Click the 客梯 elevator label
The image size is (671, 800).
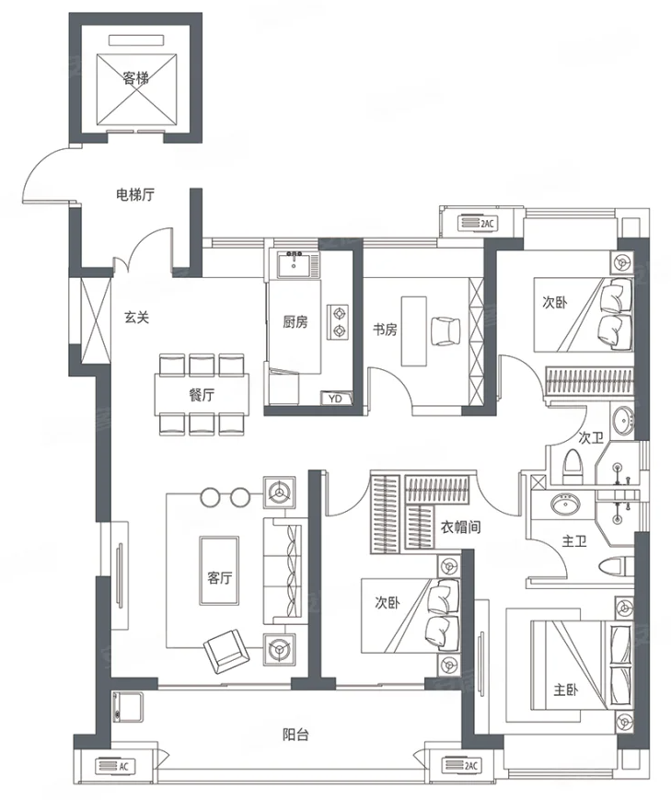pos(135,78)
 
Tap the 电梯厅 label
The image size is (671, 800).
pos(135,194)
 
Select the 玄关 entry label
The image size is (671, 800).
pos(137,318)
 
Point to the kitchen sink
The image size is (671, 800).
pos(294,264)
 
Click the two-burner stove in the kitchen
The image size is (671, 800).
pos(338,321)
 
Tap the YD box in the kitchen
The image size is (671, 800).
pos(336,399)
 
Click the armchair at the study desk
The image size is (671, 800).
pos(445,331)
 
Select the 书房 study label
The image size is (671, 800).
pos(385,330)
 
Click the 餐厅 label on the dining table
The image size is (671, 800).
pos(202,395)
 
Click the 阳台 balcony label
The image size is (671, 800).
pos(295,735)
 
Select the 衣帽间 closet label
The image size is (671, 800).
pos(461,527)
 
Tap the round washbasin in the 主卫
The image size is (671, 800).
pos(564,504)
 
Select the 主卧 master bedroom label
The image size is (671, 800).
pos(566,690)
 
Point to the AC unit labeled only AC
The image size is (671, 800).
pos(114,766)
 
